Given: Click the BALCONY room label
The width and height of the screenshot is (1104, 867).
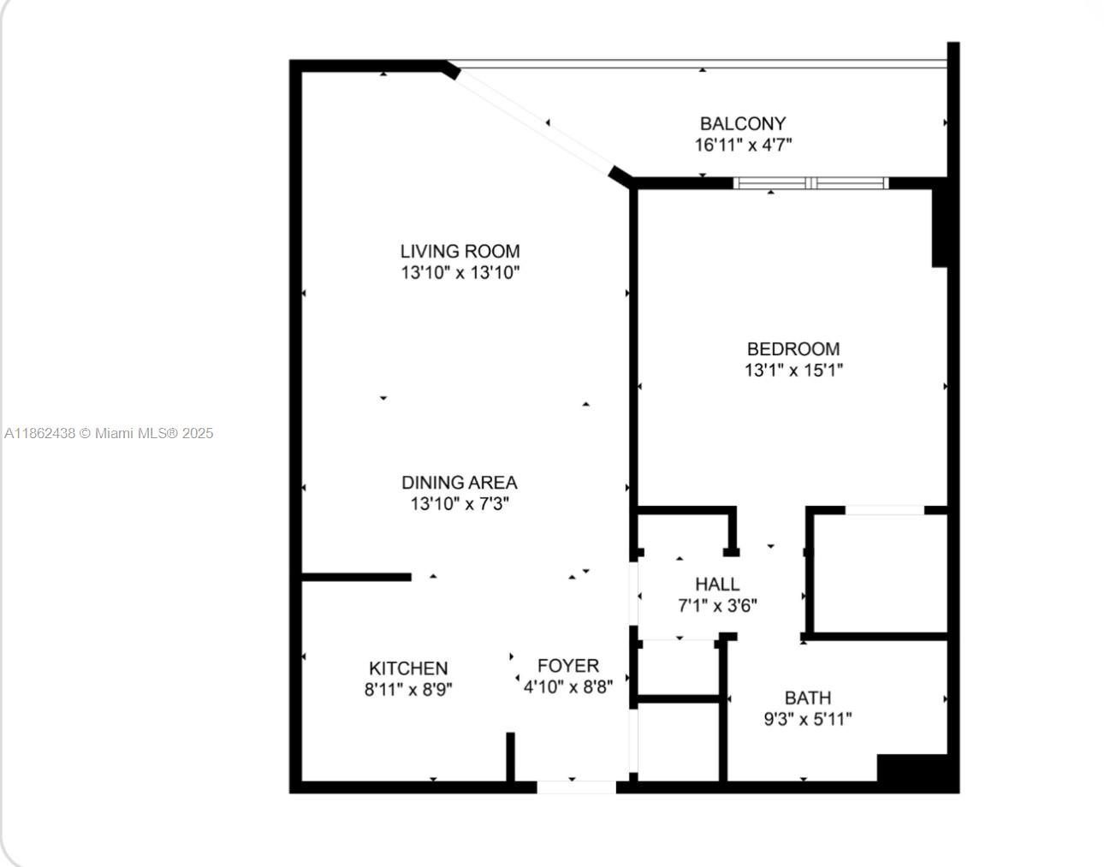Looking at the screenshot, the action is (x=743, y=123).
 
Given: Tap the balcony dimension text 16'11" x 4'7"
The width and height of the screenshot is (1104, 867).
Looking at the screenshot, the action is (x=743, y=145).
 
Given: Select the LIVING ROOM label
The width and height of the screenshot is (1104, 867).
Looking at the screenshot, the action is (x=460, y=251).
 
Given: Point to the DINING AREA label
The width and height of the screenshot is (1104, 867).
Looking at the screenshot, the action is (x=460, y=482).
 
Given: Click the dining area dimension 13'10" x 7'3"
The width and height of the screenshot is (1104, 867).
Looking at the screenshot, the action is (x=460, y=504).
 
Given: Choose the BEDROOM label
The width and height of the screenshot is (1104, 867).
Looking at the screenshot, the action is (x=793, y=349).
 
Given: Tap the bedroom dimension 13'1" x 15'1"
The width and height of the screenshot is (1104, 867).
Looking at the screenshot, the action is (x=793, y=371).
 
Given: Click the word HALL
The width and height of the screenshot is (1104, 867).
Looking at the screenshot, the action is (x=717, y=584).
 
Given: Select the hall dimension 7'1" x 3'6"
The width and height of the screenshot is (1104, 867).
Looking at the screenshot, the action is (x=717, y=605).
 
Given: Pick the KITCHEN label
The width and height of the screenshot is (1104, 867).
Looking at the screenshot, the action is (x=408, y=668).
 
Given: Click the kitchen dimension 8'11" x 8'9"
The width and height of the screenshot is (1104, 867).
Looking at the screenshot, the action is (x=408, y=690).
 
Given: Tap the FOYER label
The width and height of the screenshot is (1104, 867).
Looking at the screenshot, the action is (x=568, y=665).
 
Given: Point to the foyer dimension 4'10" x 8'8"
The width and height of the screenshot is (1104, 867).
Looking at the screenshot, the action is (x=568, y=687).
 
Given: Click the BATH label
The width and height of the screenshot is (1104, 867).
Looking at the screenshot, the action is (x=808, y=698).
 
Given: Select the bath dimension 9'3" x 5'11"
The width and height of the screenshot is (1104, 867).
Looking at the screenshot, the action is (x=808, y=719).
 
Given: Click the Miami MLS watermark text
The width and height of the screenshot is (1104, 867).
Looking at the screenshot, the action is (x=109, y=433).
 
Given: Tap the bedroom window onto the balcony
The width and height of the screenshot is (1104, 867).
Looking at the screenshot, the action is (x=810, y=183).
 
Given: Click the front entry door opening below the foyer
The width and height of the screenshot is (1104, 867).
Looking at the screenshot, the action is (x=577, y=787).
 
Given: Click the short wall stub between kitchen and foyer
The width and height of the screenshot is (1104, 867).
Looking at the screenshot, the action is (x=510, y=757).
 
